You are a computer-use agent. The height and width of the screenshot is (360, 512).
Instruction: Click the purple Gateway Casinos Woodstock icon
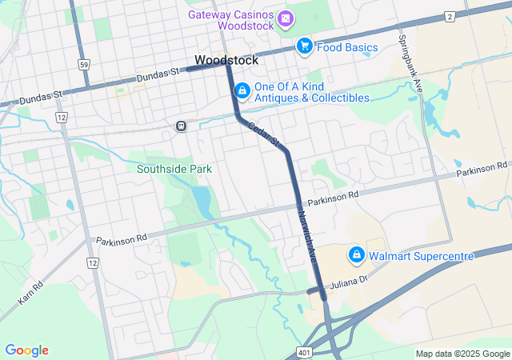coord(286,18)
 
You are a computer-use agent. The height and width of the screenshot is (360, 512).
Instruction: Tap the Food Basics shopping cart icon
coord(304,46)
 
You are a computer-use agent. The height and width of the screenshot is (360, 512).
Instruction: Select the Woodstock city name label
coord(226,60)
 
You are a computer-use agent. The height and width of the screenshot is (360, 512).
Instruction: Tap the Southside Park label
coord(174,169)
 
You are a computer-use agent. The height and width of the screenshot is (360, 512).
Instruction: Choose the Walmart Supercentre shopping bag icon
coord(355,256)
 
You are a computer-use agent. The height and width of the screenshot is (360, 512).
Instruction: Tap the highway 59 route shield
coord(83,62)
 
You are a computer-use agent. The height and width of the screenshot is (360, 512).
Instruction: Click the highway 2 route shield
coord(450,17)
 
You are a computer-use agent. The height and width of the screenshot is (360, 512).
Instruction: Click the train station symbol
coord(182,126)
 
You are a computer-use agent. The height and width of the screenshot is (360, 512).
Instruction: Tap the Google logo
coord(27,350)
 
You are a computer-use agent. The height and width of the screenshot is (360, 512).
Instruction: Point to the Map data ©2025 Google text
coord(462,354)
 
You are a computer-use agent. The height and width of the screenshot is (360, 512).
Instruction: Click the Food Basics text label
coord(346,47)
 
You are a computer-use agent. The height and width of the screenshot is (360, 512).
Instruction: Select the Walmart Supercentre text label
coord(421,256)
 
